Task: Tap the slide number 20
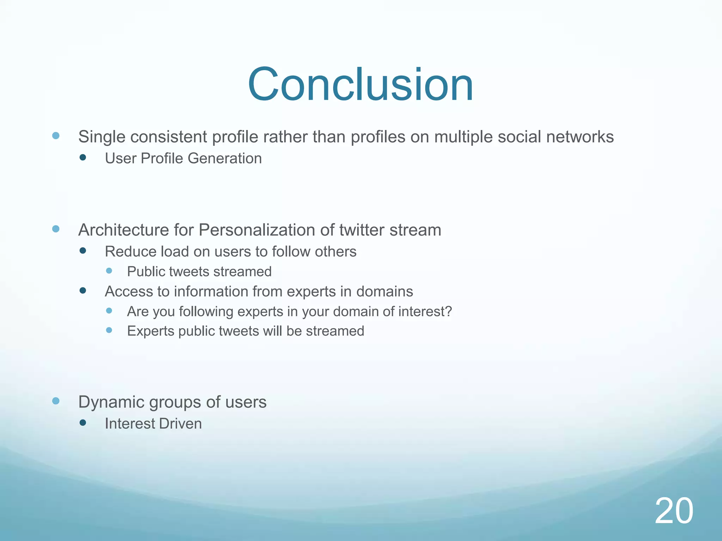click(x=674, y=511)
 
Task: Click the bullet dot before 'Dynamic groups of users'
click(x=56, y=401)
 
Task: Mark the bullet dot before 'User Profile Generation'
click(x=83, y=158)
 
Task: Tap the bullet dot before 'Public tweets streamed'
click(x=109, y=271)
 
